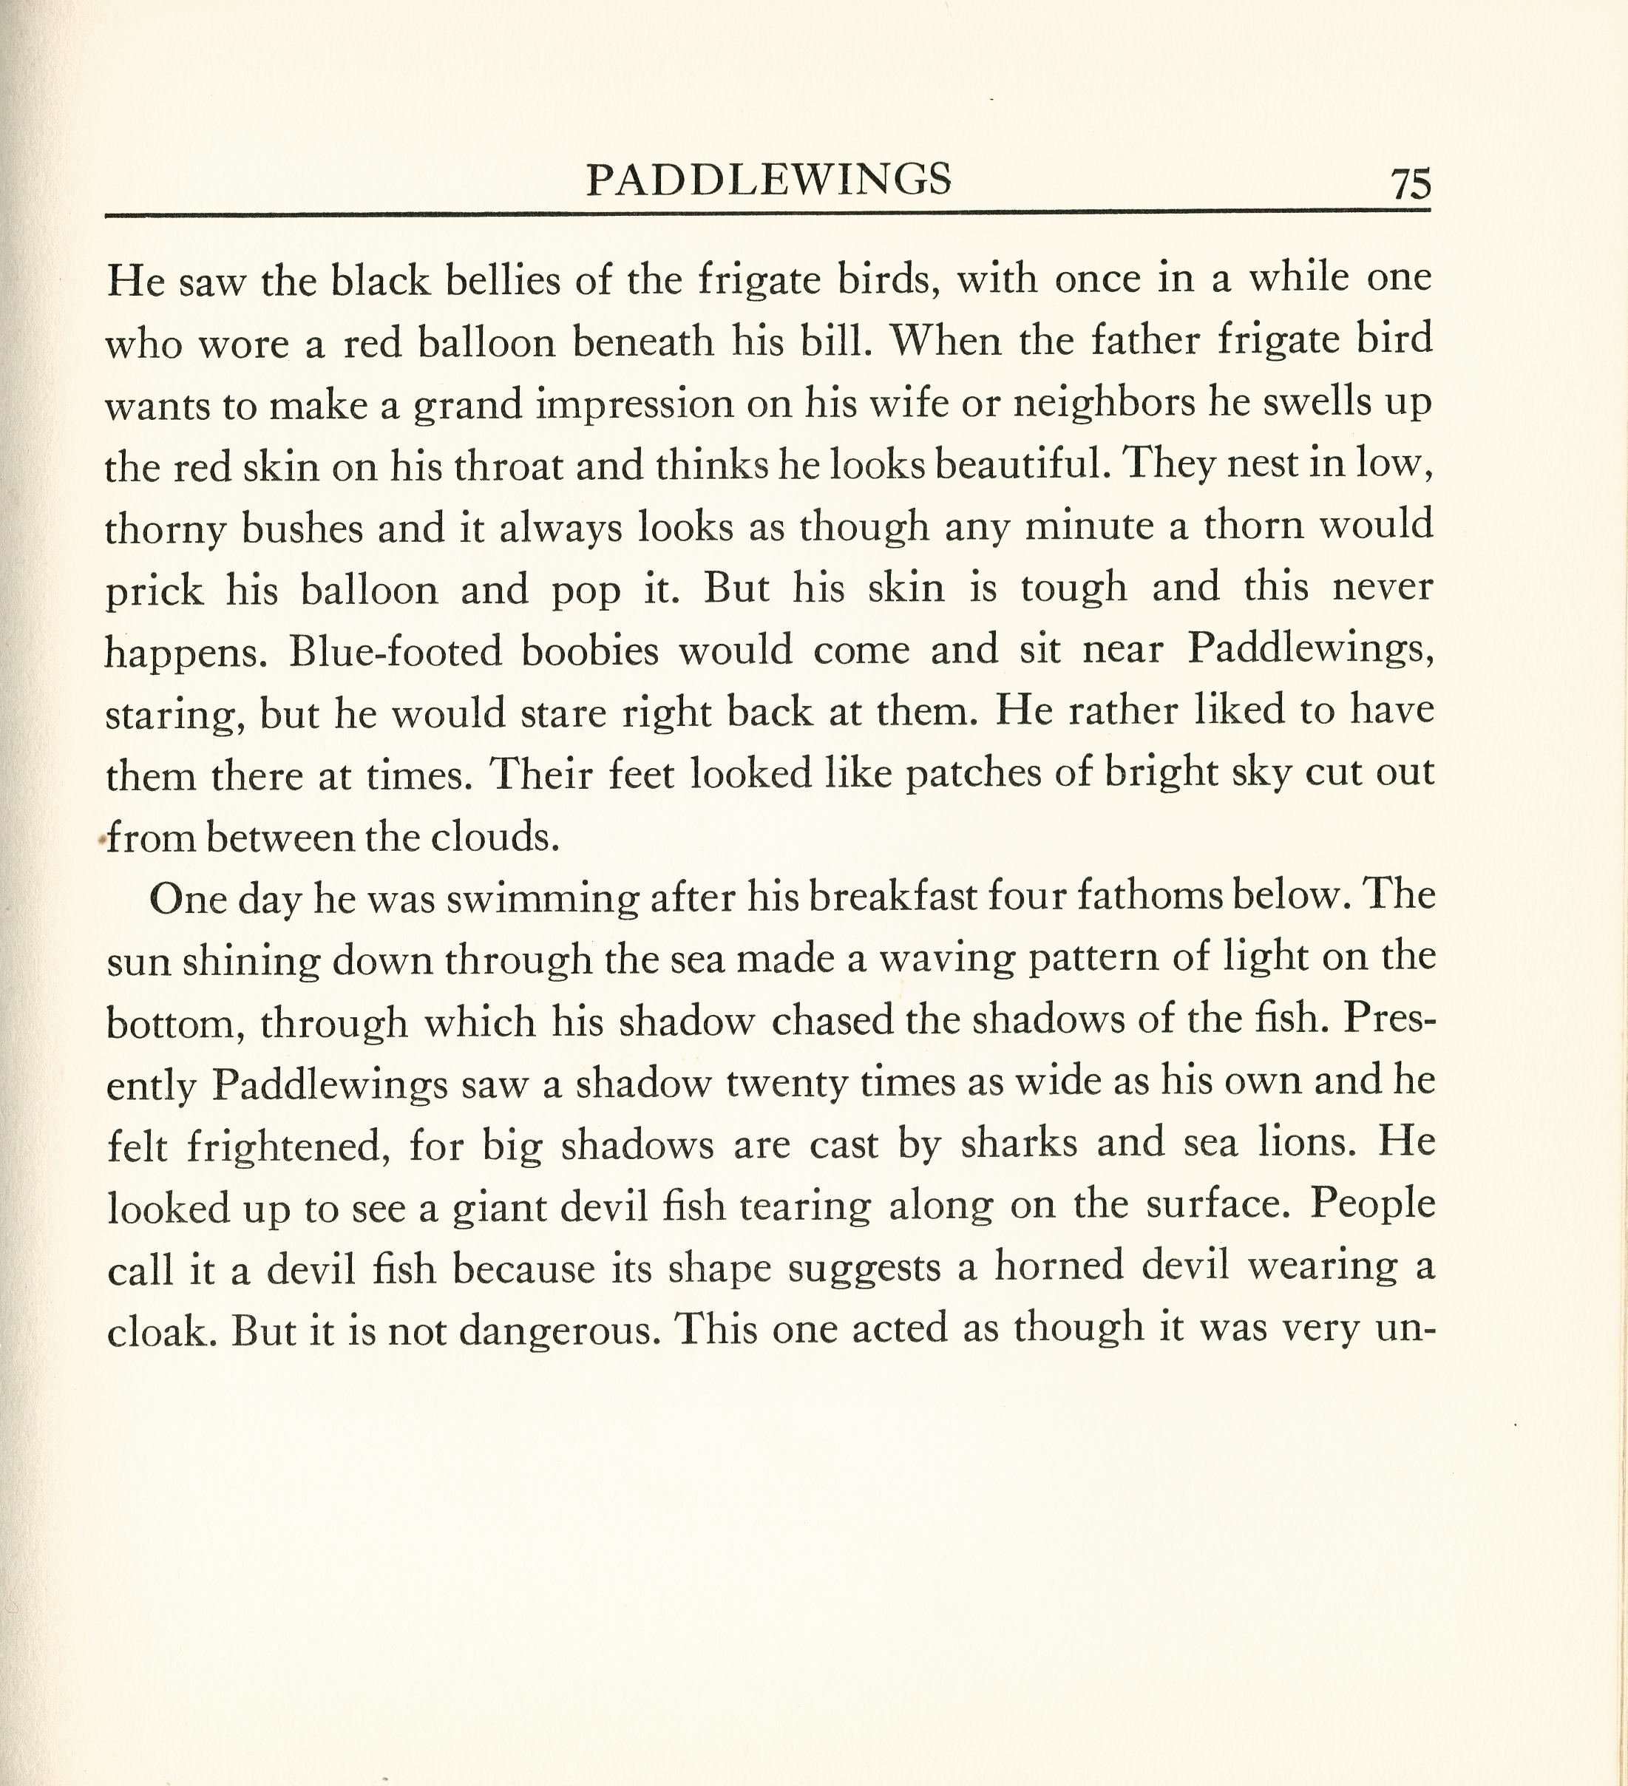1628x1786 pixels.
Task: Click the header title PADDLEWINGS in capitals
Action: (768, 180)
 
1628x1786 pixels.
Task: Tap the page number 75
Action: (1410, 183)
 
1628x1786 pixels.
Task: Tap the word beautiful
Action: (1021, 465)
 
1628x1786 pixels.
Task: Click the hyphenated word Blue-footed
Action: (393, 652)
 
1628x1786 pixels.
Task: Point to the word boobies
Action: (589, 652)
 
